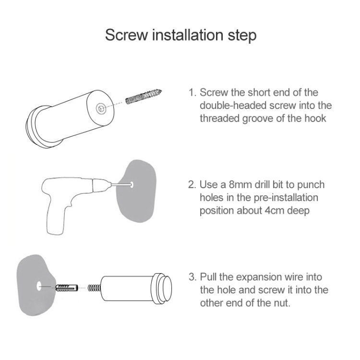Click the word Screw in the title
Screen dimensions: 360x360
(127, 35)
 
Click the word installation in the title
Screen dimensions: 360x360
(188, 35)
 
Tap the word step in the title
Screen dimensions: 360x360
(242, 36)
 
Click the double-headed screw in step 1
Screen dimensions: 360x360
(144, 96)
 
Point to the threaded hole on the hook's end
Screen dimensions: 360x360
(100, 108)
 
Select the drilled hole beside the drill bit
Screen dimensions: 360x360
(132, 184)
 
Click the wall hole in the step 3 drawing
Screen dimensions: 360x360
(39, 286)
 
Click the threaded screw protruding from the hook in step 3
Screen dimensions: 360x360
(95, 288)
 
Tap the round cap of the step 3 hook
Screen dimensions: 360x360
(163, 288)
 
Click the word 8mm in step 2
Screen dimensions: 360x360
(240, 185)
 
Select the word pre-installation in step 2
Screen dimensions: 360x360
(286, 198)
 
